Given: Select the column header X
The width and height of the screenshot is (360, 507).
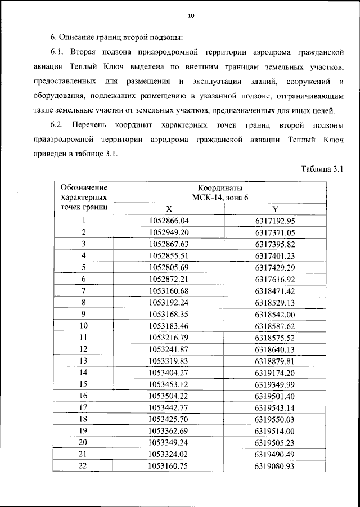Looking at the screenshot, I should pyautogui.click(x=169, y=208).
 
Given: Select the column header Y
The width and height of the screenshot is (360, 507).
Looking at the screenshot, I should pyautogui.click(x=275, y=208).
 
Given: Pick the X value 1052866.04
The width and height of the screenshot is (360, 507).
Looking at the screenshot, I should pyautogui.click(x=169, y=221).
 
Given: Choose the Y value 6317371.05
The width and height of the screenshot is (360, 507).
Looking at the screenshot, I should pyautogui.click(x=275, y=232).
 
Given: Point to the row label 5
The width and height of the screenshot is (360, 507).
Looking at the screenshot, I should pyautogui.click(x=83, y=267).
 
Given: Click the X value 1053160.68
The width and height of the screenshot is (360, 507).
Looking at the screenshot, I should pyautogui.click(x=169, y=290).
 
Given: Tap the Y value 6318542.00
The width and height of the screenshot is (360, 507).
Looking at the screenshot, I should pyautogui.click(x=275, y=314).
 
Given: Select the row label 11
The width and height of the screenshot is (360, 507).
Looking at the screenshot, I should pyautogui.click(x=83, y=337).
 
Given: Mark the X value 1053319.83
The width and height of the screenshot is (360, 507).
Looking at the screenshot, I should pyautogui.click(x=169, y=361).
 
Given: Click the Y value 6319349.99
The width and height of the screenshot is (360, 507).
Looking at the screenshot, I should pyautogui.click(x=275, y=384).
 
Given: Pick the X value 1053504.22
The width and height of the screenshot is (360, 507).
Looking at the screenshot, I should pyautogui.click(x=169, y=396).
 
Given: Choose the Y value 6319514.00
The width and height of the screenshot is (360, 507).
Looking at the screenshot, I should pyautogui.click(x=275, y=430).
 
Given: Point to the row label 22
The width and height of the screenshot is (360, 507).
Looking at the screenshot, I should pyautogui.click(x=83, y=466).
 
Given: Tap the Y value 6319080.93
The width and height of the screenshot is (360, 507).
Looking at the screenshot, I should pyautogui.click(x=275, y=466).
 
